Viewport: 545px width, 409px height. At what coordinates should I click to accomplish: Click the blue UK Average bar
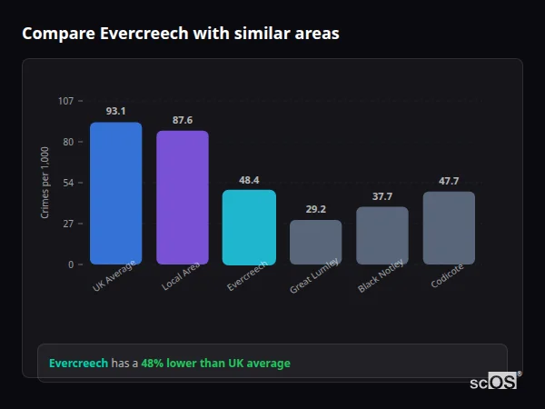click(x=115, y=194)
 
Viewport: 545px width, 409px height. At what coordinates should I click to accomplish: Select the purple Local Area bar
click(x=183, y=198)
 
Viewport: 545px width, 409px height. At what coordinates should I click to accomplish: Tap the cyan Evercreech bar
click(x=249, y=227)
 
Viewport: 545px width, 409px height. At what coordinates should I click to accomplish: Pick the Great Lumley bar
click(x=316, y=243)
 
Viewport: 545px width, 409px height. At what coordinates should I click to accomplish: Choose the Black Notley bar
click(x=382, y=236)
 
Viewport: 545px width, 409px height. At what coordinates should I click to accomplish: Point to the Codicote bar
click(x=449, y=228)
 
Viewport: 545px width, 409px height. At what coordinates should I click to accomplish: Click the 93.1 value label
click(x=115, y=111)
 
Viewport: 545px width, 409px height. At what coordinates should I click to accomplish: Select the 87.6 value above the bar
click(x=183, y=120)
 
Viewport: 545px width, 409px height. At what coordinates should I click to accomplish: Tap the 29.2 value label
click(x=316, y=209)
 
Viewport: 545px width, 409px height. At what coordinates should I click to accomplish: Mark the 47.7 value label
click(x=449, y=181)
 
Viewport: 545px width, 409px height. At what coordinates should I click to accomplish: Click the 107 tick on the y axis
click(x=66, y=101)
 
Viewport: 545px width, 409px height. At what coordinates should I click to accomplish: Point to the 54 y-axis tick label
click(x=68, y=183)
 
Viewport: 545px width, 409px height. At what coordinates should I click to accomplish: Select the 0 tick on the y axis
click(x=71, y=264)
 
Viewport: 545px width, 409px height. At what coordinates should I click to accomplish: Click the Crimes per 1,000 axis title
click(x=45, y=183)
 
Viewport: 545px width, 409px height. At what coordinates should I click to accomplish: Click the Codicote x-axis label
click(x=449, y=274)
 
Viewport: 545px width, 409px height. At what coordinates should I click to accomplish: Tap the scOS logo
click(x=494, y=383)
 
